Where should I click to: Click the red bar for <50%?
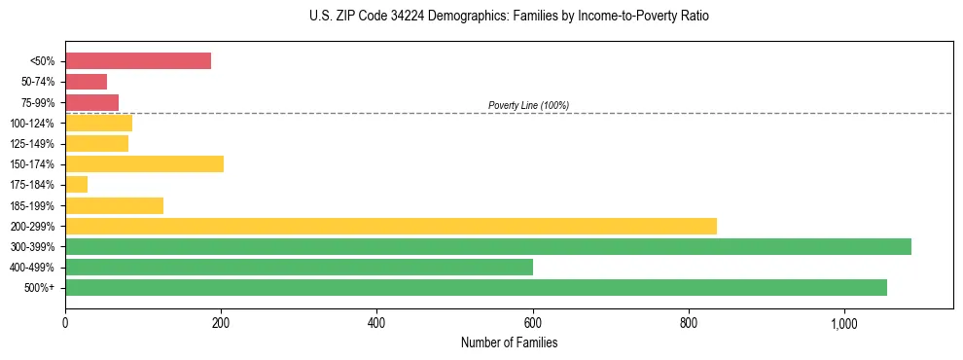[138, 60]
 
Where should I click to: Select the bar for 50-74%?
[86, 82]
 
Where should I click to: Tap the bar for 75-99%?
[91, 102]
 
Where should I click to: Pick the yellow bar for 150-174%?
[144, 163]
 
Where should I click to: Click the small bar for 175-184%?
[76, 184]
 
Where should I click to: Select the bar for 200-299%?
[390, 226]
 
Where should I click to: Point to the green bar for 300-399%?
[487, 246]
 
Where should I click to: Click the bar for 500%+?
[476, 287]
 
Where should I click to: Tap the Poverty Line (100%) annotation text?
[528, 105]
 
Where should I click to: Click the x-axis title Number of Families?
[509, 342]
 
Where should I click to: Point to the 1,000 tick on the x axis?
[843, 323]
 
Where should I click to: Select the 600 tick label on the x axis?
[532, 323]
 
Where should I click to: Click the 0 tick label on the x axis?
[65, 323]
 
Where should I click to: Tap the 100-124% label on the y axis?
[33, 124]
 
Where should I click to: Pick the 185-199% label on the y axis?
[33, 205]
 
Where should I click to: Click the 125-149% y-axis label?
[33, 144]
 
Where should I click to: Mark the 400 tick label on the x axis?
[376, 323]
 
